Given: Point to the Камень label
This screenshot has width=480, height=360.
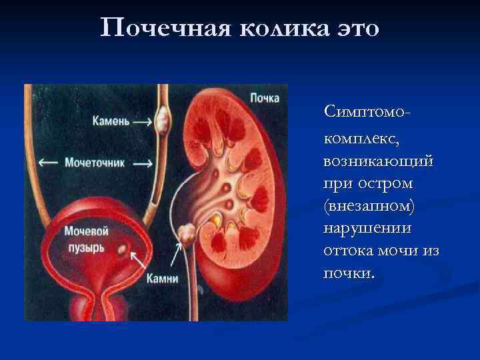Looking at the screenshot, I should coord(111,122).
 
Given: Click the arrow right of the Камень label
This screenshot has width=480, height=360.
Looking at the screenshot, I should coord(142,122).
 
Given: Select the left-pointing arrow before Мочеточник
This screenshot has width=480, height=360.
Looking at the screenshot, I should coord(48,162).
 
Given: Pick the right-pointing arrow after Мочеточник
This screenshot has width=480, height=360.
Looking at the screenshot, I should coord(142,162).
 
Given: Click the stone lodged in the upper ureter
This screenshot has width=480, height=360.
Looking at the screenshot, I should coord(161,120).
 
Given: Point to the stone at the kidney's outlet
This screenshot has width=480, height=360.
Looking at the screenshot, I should coord(186,233).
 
